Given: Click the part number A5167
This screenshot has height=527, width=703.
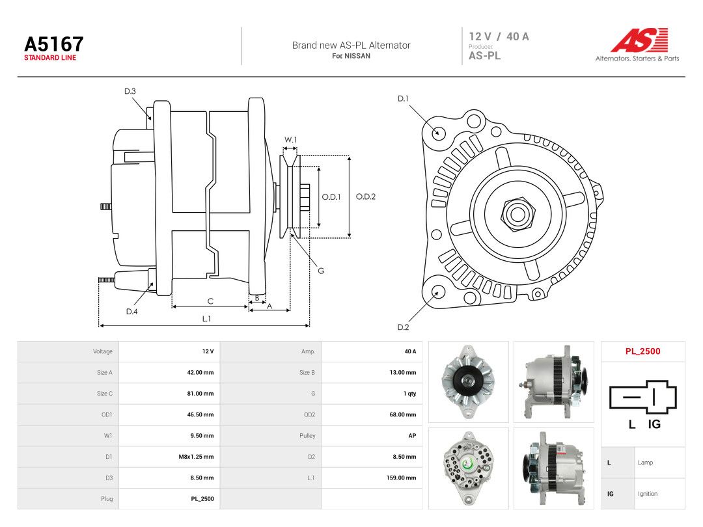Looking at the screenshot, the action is [x=54, y=44].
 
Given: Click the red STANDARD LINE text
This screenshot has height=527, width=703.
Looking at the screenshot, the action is [x=50, y=58].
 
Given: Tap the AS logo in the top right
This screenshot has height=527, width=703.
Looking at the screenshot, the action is [x=639, y=40].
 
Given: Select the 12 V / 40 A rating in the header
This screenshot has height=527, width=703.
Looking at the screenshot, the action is [x=499, y=36].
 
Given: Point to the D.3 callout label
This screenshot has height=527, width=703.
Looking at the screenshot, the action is [x=130, y=92].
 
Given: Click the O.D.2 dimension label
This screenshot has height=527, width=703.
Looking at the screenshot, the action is [x=365, y=196].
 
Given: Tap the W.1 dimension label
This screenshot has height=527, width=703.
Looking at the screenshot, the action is [x=290, y=140].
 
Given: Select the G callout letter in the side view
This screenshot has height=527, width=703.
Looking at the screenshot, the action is [x=321, y=271].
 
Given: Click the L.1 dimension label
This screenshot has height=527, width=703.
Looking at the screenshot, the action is [x=206, y=319].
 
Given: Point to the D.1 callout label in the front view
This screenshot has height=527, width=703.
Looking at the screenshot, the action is [x=403, y=99].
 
